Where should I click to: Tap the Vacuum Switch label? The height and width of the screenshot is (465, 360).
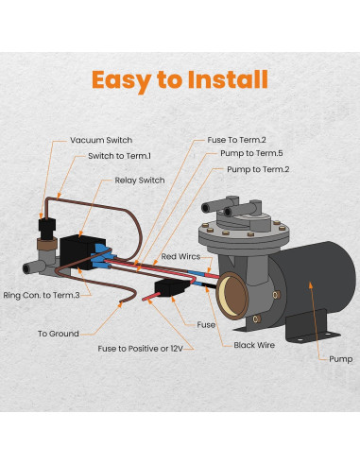(101, 140)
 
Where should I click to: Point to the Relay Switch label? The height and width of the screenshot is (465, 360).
(139, 180)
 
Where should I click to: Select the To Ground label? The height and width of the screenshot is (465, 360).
(58, 334)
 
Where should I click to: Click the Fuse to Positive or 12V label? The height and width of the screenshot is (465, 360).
(138, 348)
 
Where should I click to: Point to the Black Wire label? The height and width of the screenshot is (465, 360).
(253, 346)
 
